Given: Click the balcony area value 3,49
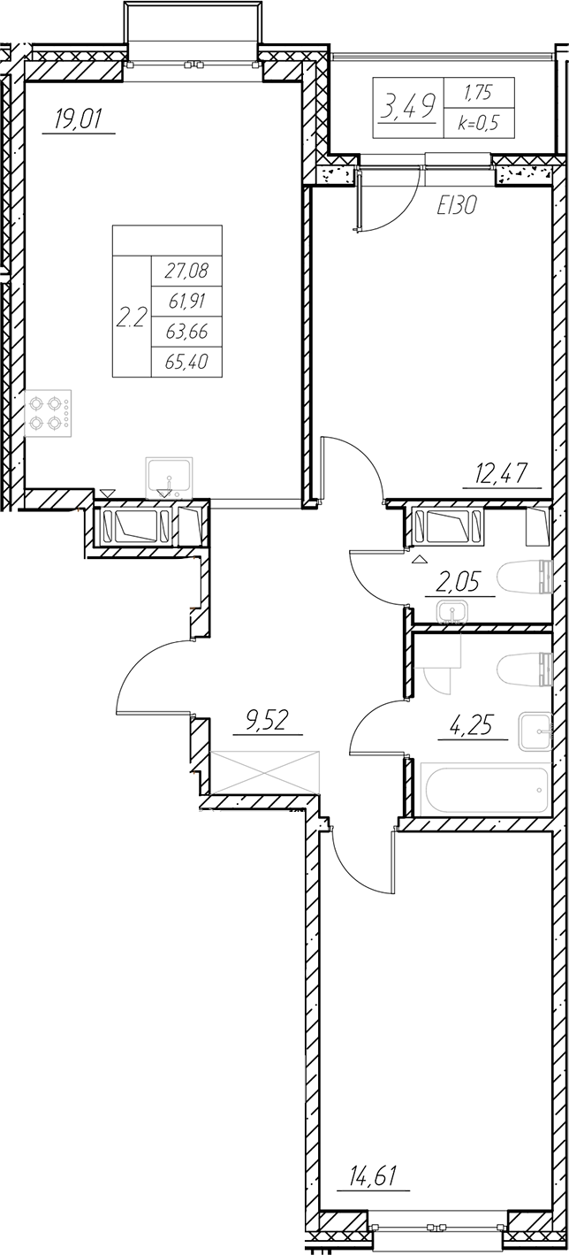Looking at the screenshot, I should point(407,108).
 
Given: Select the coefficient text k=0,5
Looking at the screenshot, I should point(478,124).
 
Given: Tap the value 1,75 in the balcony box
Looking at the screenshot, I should point(478,92).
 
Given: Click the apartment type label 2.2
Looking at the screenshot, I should point(131,319).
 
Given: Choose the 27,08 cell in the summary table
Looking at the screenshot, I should point(186,270).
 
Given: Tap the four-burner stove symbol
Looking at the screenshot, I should point(49,413).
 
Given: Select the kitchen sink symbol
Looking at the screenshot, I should point(169,477).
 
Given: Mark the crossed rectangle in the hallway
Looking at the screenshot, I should point(265,772).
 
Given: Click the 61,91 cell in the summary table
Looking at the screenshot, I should point(186,301).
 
